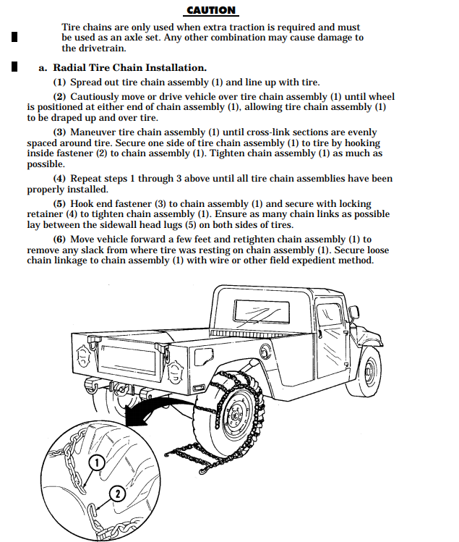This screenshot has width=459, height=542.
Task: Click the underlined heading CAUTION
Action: coord(211,10)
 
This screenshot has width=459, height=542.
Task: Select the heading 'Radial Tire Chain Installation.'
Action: coord(129,67)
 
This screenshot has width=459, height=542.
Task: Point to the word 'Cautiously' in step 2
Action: coord(99,96)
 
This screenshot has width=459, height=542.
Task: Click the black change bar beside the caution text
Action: coord(14,37)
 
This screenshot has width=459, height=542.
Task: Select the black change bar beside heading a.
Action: coord(14,67)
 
